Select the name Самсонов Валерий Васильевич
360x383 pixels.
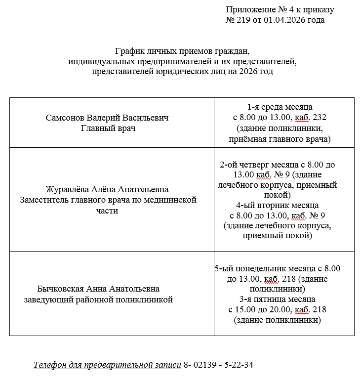[x=107, y=118]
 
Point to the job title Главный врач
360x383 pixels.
[x=107, y=128]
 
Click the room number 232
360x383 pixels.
[x=319, y=118]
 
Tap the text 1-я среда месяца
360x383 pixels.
[x=280, y=107]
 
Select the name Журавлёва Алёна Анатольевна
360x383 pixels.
[x=107, y=190]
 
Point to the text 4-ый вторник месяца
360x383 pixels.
[x=277, y=205]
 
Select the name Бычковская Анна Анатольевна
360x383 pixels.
[x=98, y=289]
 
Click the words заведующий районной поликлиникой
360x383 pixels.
[x=98, y=299]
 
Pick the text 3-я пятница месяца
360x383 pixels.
[x=277, y=299]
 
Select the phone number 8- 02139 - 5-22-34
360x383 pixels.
[x=218, y=365]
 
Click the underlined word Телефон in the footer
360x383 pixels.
[x=49, y=365]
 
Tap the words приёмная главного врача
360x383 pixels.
[x=280, y=139]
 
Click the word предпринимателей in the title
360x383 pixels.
[x=153, y=62]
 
